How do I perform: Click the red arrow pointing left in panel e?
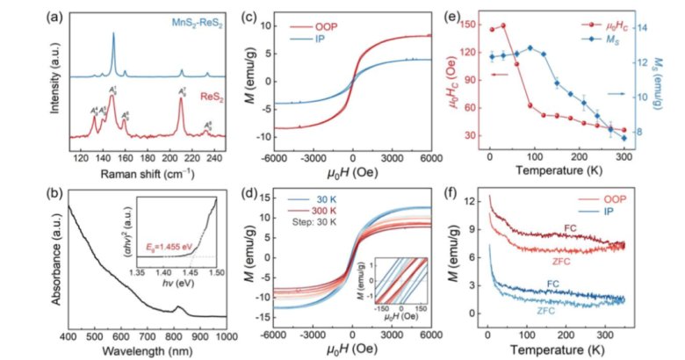(500, 76)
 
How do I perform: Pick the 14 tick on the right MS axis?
(638, 28)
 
